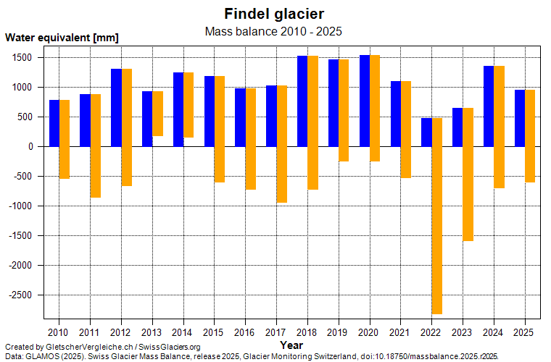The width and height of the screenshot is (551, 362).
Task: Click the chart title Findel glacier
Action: [x=273, y=14]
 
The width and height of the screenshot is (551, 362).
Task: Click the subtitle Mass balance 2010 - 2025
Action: [x=273, y=31]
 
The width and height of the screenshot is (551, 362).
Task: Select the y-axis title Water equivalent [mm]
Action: [x=62, y=38]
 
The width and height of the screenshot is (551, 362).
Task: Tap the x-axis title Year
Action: [x=291, y=345]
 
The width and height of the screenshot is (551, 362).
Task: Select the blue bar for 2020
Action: [x=365, y=101]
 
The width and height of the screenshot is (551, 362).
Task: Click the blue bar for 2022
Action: [x=426, y=132]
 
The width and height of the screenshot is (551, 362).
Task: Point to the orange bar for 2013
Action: [x=157, y=114]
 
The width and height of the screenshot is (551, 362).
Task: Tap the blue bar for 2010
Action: [x=54, y=123]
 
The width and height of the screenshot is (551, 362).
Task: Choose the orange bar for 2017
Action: [x=282, y=144]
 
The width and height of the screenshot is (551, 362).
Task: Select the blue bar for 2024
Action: [x=489, y=106]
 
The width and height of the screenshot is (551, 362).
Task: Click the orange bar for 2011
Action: [x=96, y=146]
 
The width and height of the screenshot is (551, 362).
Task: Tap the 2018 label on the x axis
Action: [x=307, y=332]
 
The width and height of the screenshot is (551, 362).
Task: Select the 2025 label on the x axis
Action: [x=524, y=332]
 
